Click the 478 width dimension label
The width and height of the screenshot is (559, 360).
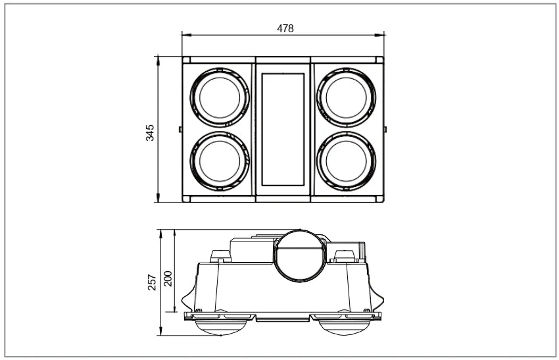285,28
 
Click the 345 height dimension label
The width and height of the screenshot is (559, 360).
150,133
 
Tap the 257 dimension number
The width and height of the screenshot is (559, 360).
152,282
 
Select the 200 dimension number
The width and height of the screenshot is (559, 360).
168,278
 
